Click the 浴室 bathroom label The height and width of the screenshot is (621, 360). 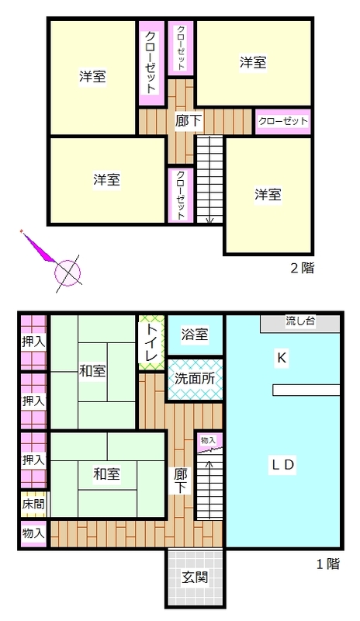pos(195,335)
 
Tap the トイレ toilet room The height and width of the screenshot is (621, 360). pos(151,343)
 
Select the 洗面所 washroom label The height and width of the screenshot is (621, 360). pos(195,379)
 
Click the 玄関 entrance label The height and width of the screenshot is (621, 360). pos(195,577)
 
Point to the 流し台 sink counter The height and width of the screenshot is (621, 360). pos(299,324)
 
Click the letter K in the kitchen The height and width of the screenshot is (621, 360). pos(282,358)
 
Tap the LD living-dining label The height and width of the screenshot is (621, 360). pos(282,464)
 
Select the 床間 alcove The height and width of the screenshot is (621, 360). pos(33,504)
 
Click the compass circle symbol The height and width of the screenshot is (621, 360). pos(67,273)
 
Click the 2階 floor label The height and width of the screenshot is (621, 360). pos(302,268)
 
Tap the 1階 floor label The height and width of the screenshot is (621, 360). pos(328,564)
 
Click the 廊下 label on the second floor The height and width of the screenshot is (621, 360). pos(189,121)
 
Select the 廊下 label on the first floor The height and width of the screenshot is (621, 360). pos(180,480)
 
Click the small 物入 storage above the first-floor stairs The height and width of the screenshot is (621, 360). pos(209,441)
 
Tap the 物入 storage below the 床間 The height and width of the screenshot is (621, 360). pos(33,533)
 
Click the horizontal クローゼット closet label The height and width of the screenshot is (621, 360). pos(283,121)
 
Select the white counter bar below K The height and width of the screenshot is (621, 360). pos(306,390)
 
